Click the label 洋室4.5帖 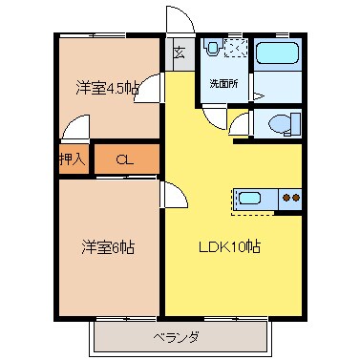107,89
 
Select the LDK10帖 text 230,246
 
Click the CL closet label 124,159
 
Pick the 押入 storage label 73,159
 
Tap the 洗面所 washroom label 223,83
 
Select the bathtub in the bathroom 280,56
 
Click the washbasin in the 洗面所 212,49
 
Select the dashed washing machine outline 236,48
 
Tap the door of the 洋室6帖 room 173,196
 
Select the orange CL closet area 124,159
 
